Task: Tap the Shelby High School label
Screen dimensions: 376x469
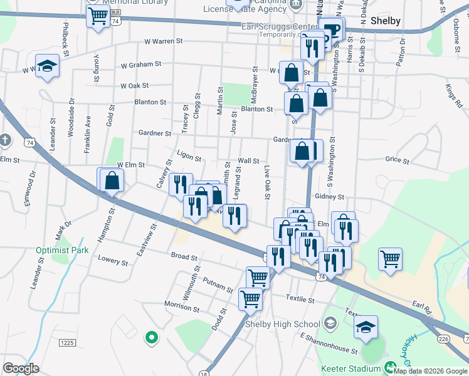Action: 282,324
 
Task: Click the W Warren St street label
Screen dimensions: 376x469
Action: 162,41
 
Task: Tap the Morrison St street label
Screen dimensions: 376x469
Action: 181,306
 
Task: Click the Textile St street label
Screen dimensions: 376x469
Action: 300,299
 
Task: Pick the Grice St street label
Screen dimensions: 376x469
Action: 397,160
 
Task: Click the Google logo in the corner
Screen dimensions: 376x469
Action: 21,368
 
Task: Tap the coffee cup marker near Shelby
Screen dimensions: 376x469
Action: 330,30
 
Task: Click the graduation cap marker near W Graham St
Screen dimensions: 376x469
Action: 47,66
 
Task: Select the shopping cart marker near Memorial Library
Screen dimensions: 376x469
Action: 98,17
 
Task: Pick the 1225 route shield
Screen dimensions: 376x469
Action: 68,342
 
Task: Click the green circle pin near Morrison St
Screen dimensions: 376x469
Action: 150,338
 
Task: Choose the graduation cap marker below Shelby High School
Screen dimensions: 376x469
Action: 366,327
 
